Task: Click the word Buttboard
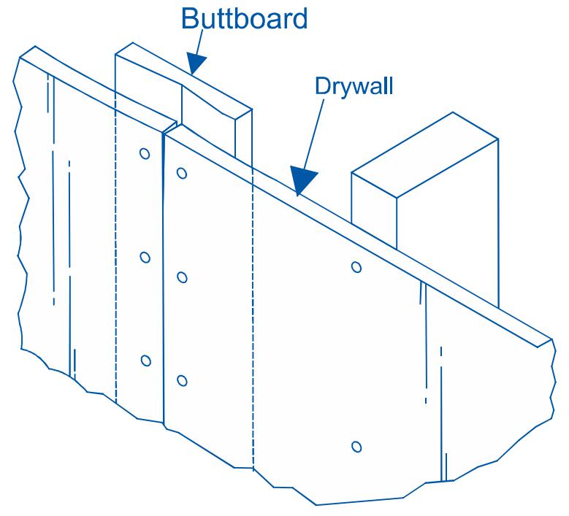244,20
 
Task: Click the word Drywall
354,85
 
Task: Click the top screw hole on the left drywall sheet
145,154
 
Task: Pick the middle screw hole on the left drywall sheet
145,257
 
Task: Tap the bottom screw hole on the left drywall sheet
145,361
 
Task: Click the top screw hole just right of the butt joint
181,174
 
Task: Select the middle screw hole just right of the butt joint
182,277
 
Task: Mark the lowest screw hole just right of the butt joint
182,380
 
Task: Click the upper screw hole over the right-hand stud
356,267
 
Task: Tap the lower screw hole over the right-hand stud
356,446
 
